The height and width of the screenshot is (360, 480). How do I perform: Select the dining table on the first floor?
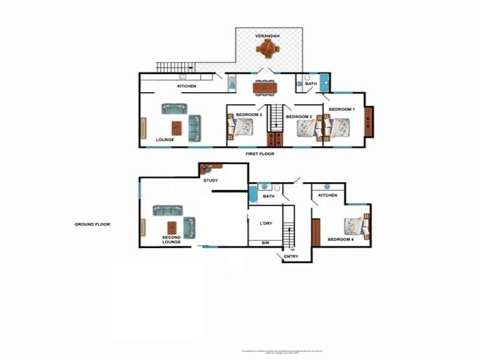pyautogui.click(x=265, y=88)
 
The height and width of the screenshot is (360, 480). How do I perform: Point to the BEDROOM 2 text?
pyautogui.click(x=299, y=116)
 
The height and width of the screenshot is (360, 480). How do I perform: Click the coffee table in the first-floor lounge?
pyautogui.click(x=176, y=128)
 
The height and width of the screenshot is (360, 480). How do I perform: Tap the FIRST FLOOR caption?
pyautogui.click(x=259, y=154)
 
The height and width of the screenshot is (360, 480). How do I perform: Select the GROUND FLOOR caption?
pyautogui.click(x=92, y=224)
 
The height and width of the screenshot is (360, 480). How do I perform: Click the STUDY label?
pyautogui.click(x=211, y=180)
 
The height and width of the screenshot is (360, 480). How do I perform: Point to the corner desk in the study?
pyautogui.click(x=211, y=167)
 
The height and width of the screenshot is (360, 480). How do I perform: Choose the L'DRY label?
pyautogui.click(x=266, y=223)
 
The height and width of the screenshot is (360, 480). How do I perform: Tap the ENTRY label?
pyautogui.click(x=290, y=256)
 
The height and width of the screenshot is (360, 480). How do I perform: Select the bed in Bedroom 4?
pyautogui.click(x=355, y=226)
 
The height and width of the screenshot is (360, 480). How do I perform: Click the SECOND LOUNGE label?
pyautogui.click(x=172, y=239)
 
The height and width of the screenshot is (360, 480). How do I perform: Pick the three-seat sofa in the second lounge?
pyautogui.click(x=167, y=210)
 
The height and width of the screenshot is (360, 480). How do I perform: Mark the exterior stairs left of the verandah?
pyautogui.click(x=176, y=67)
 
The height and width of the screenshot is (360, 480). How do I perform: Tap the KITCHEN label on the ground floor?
pyautogui.click(x=328, y=196)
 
